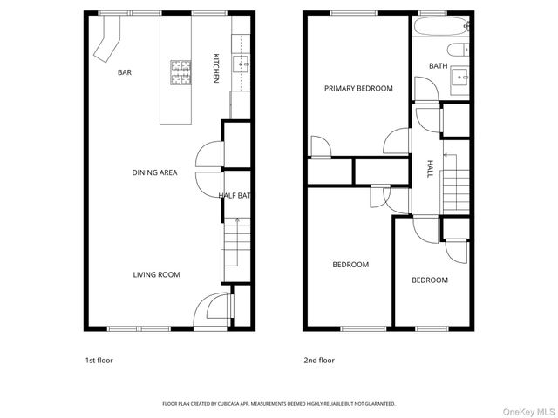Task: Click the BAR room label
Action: pyautogui.click(x=125, y=72)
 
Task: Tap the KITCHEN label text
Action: pyautogui.click(x=216, y=69)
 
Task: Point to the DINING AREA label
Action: pyautogui.click(x=154, y=172)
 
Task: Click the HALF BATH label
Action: pyautogui.click(x=235, y=196)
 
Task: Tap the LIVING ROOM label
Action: pyautogui.click(x=156, y=274)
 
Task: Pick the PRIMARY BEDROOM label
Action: pyautogui.click(x=358, y=88)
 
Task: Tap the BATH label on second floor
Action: pyautogui.click(x=439, y=66)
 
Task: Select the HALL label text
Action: pyautogui.click(x=430, y=170)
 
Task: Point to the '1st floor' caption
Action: pyautogui.click(x=99, y=360)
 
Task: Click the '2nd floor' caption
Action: pyautogui.click(x=320, y=360)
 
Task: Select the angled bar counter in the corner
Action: pyautogui.click(x=107, y=41)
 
